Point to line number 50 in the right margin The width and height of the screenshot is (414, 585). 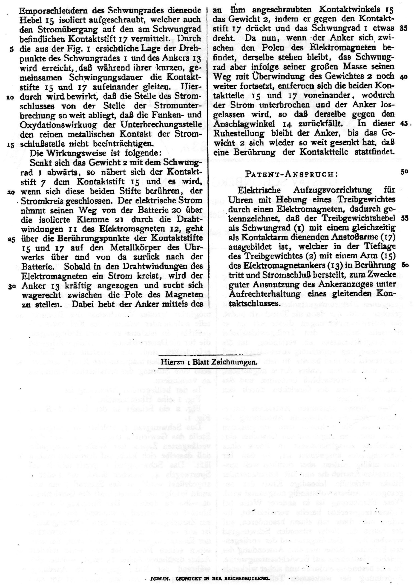pos(404,171)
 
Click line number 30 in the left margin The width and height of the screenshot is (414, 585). pos(11,286)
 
